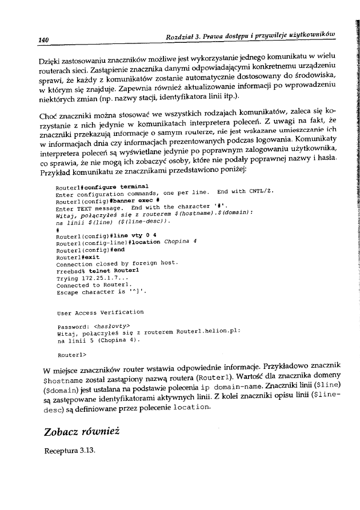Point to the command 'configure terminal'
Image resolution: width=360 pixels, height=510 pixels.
coord(118,186)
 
